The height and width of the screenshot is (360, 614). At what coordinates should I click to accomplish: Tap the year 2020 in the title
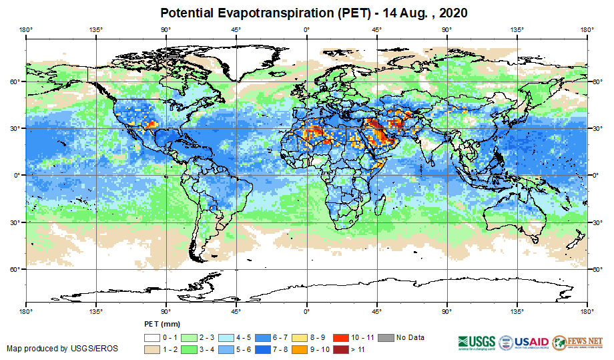click(x=448, y=13)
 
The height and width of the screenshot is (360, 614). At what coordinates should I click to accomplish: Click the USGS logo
click(x=475, y=342)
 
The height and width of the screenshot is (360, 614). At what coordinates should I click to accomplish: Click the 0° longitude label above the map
click(x=306, y=29)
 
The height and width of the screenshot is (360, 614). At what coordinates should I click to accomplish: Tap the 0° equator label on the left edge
click(x=19, y=175)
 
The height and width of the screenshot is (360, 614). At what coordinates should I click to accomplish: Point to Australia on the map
click(x=514, y=214)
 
